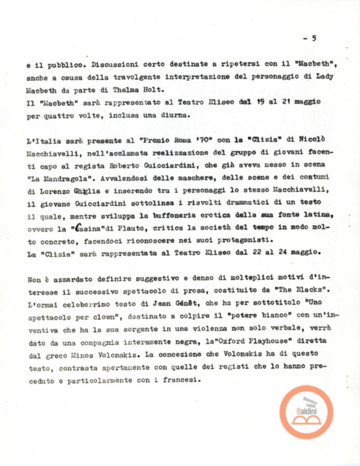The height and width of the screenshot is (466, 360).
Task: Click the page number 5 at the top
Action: click(x=314, y=38)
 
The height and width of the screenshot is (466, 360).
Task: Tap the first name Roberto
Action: click(x=138, y=166)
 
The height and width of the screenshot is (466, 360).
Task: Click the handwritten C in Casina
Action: click(x=79, y=228)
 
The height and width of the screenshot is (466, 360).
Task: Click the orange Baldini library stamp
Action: click(x=306, y=412)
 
